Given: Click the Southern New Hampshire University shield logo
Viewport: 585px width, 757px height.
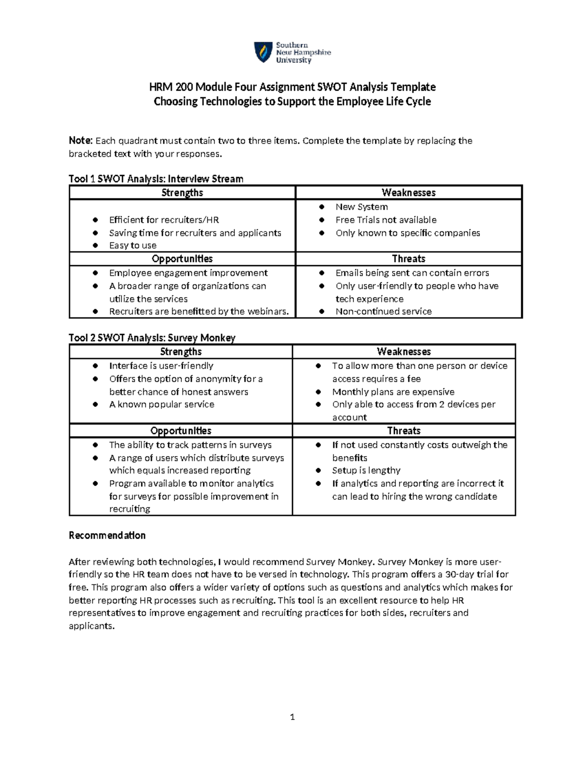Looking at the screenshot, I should [x=263, y=52].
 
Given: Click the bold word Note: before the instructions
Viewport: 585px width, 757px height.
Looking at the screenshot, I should [x=80, y=141].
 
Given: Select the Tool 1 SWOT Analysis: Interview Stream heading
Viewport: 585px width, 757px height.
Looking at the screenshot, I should [x=156, y=179].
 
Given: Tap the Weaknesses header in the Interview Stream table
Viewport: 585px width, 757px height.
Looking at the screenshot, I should [x=409, y=193].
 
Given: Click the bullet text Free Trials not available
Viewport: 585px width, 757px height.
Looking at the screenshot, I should [x=386, y=220].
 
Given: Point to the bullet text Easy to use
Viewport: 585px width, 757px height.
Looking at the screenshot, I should [x=133, y=246].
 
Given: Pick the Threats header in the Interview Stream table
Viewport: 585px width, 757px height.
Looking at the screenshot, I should [x=409, y=259].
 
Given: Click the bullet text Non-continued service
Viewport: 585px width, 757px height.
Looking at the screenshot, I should [x=383, y=311].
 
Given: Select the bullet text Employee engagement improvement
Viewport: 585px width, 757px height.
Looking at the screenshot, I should [x=188, y=273].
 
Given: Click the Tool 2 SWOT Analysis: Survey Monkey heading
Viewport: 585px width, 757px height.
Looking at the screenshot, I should [x=152, y=338].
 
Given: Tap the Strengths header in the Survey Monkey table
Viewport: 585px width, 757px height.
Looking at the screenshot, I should [x=181, y=351].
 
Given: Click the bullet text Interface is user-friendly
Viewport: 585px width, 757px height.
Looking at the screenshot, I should [x=161, y=366].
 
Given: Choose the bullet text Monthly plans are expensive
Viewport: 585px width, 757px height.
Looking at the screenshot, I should [x=393, y=392].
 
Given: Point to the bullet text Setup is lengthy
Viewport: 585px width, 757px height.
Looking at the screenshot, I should [x=366, y=470].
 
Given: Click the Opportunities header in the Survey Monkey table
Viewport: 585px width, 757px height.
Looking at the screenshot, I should [x=181, y=431].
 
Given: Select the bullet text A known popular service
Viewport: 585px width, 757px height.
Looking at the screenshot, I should [x=161, y=405].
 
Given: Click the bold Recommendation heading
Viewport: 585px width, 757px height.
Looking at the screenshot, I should [x=107, y=535].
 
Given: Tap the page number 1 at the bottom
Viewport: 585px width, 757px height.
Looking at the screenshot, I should [x=292, y=717].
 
